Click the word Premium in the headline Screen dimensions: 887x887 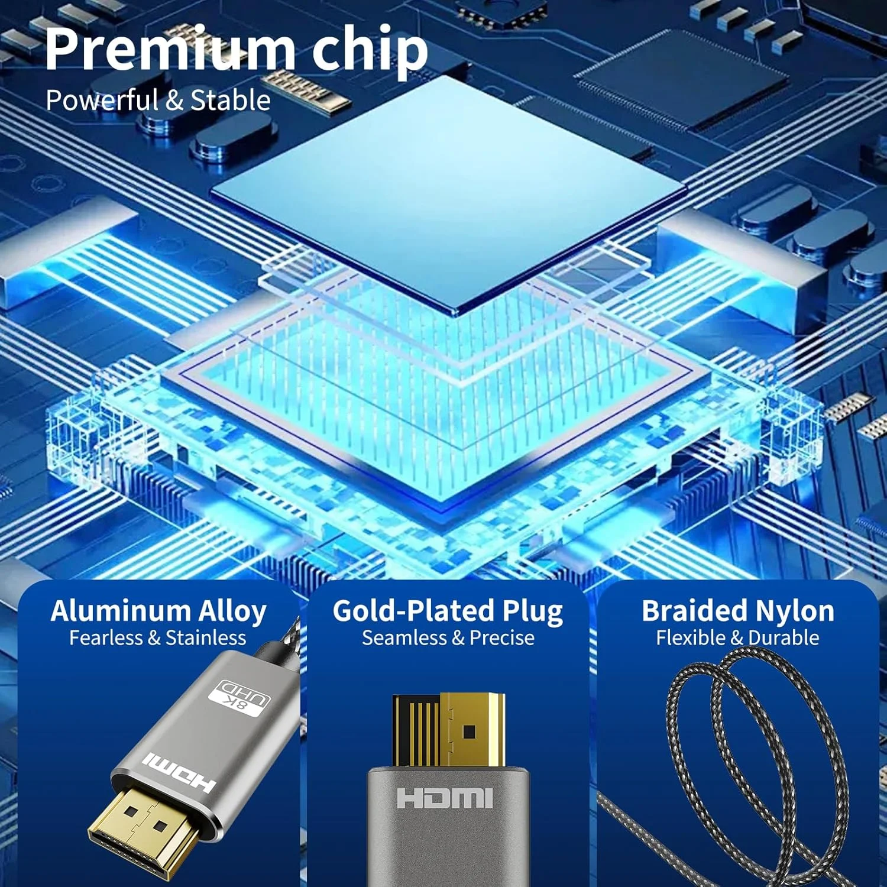[x=169, y=50]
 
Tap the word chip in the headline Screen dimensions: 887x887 [x=370, y=50]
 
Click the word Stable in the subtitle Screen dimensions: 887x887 [x=231, y=101]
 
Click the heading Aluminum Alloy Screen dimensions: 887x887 [x=158, y=611]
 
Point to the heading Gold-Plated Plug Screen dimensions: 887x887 [x=448, y=611]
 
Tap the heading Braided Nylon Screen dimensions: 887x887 [x=738, y=611]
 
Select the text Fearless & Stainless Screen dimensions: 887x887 [x=157, y=638]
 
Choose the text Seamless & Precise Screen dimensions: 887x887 [x=448, y=638]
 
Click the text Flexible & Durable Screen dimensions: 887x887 [x=737, y=638]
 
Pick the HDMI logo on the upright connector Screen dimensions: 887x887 [x=445, y=798]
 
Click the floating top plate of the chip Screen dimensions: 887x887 [x=449, y=189]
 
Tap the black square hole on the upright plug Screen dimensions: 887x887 [x=470, y=732]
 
